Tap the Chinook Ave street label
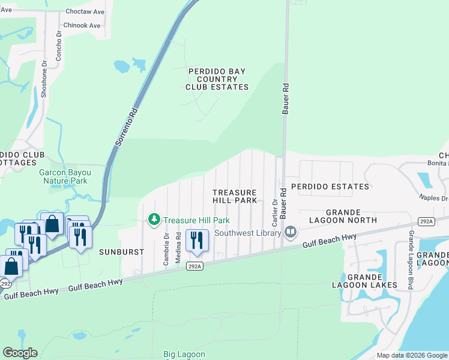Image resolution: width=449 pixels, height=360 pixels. click(x=82, y=25)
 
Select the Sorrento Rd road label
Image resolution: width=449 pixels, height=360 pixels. click(x=125, y=128)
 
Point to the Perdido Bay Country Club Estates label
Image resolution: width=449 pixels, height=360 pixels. click(x=217, y=79)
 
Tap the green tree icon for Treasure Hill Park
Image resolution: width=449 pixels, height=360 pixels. click(x=154, y=220)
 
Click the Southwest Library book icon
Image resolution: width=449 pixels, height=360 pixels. click(x=291, y=231)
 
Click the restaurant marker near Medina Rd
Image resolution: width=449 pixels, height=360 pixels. click(x=197, y=241)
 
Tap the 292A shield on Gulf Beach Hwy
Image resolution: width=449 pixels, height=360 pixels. click(x=194, y=266)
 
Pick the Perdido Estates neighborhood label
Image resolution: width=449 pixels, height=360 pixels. click(x=330, y=187)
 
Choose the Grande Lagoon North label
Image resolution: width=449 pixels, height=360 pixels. click(x=351, y=216)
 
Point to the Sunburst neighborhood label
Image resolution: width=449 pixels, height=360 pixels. click(x=122, y=252)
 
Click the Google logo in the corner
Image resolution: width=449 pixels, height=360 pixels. click(x=20, y=353)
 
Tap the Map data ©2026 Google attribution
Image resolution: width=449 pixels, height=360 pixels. click(x=411, y=355)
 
